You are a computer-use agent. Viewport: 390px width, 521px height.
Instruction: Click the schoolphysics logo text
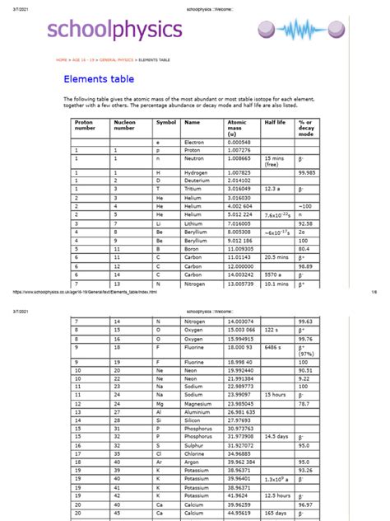tap(114, 31)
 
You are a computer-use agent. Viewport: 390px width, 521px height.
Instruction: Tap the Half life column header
tap(274, 122)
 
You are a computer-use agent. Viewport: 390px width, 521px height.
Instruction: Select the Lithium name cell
tap(196, 223)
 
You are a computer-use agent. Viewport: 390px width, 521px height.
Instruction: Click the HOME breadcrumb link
tap(62, 60)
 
